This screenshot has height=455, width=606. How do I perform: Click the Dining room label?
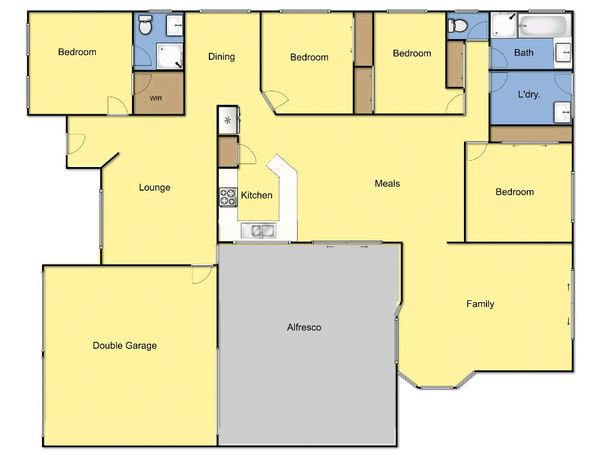tap(221, 57)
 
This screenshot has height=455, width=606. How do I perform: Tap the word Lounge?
tap(154, 188)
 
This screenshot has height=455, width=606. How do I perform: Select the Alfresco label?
tap(304, 327)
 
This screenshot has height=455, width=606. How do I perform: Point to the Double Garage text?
tap(125, 345)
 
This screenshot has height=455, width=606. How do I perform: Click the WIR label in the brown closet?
tap(156, 98)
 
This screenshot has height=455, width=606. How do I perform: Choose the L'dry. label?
tap(528, 94)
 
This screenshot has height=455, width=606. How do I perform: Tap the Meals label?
tap(387, 184)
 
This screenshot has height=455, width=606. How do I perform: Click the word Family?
tap(480, 304)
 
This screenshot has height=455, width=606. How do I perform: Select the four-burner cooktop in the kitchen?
tap(228, 197)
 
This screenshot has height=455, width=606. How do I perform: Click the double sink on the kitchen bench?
tap(259, 230)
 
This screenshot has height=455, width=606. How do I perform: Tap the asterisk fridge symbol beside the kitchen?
tap(227, 121)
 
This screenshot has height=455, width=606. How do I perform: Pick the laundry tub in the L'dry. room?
tap(562, 111)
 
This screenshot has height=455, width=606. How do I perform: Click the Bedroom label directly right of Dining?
tap(309, 57)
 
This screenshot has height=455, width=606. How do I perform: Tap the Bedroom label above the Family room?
tap(514, 192)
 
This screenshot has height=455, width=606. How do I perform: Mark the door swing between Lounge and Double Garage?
tap(202, 274)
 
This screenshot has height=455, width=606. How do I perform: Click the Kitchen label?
tap(257, 195)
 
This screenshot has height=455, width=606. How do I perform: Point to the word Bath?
tap(523, 53)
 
